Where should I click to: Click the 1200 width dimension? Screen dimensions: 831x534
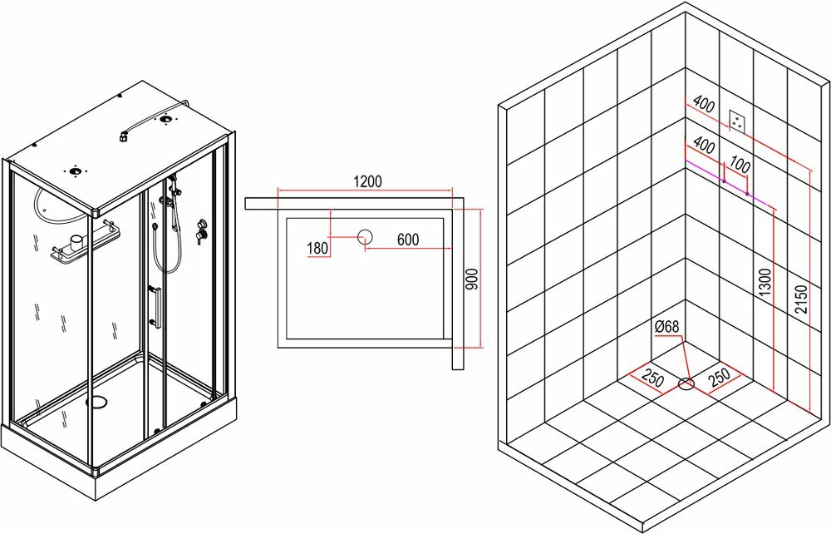[x=366, y=182]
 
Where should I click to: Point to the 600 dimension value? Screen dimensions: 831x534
[x=407, y=240]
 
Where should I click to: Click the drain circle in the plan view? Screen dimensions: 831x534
[x=365, y=237]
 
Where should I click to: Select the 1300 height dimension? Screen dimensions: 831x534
[x=765, y=282]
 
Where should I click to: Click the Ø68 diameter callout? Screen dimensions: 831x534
[x=666, y=327]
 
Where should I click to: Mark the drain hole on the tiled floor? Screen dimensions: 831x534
[x=686, y=383]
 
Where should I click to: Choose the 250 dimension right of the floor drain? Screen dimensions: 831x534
[x=718, y=376]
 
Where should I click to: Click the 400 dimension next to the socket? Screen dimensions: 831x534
[x=703, y=105]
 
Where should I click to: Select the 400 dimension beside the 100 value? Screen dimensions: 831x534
[x=703, y=146]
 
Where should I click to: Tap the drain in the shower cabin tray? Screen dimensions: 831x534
[x=97, y=402]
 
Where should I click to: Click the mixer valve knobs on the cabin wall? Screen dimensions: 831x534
[x=200, y=231]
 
